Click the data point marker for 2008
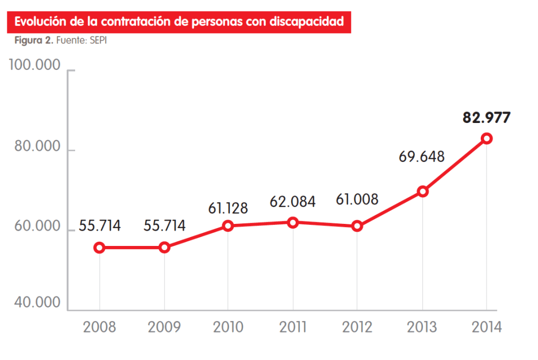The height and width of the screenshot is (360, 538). coord(99,248)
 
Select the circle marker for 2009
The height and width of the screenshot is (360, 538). coord(164,248)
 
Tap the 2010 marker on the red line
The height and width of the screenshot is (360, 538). coord(228,226)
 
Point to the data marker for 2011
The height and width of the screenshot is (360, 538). coord(293,222)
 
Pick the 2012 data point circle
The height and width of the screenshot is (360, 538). coord(357,226)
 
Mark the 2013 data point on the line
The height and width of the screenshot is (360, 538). coord(422,191)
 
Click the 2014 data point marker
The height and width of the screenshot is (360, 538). coord(487,138)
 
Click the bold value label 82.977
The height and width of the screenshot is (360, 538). coord(486,117)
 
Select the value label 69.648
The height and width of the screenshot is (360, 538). coord(421,157)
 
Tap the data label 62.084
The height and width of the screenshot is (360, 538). coord(293,201)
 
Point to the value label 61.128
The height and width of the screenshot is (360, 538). coord(228,209)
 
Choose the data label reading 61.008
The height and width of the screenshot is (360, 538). coord(357,200)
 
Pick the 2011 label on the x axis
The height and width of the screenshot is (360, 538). coord(293,327)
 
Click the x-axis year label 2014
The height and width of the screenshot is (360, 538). coord(487,327)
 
